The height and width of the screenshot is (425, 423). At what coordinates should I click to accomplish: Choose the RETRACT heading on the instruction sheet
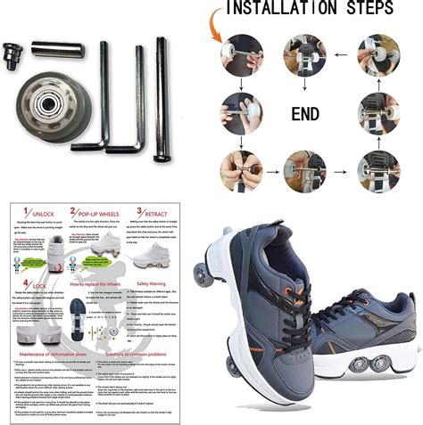159,210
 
